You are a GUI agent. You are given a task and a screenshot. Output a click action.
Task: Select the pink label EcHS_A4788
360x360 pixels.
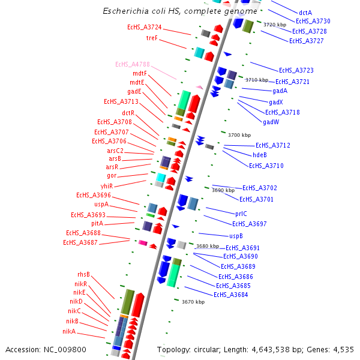(132, 64)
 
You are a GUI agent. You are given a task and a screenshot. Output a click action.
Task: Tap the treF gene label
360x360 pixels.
(152, 38)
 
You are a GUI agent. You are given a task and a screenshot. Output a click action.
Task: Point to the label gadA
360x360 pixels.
(280, 91)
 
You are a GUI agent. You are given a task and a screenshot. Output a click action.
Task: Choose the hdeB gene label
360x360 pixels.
(260, 155)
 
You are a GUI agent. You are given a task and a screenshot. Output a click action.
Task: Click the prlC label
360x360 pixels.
(241, 213)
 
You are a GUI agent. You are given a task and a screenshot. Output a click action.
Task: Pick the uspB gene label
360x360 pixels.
(236, 236)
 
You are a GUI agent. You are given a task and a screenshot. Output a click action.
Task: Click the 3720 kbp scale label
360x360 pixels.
(275, 25)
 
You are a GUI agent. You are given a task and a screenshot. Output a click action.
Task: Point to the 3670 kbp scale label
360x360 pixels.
(193, 302)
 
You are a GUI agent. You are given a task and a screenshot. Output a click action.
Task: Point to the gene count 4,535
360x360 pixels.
(342, 349)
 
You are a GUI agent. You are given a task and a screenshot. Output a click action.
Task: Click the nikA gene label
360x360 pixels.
(69, 331)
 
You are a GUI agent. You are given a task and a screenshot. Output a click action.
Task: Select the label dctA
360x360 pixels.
(305, 12)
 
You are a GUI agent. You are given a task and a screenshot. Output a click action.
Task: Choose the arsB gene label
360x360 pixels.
(115, 158)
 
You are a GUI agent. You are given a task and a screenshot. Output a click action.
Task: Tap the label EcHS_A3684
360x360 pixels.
(231, 294)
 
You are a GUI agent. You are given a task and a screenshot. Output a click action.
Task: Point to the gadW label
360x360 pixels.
(271, 122)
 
